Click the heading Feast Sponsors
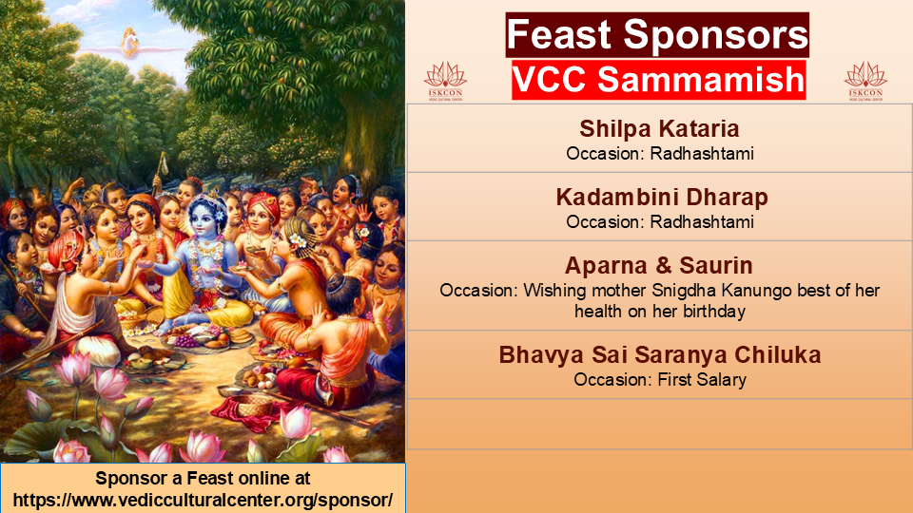(x=657, y=35)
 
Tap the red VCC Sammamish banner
(x=658, y=79)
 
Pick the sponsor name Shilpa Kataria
(x=659, y=129)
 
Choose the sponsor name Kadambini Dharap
(x=661, y=198)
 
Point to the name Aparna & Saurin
(x=660, y=265)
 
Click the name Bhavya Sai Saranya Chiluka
(x=660, y=356)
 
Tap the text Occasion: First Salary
(x=660, y=380)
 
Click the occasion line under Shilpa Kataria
(x=660, y=153)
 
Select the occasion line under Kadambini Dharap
(x=660, y=221)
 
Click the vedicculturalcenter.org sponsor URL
(x=203, y=499)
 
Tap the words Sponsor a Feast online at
(x=203, y=479)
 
